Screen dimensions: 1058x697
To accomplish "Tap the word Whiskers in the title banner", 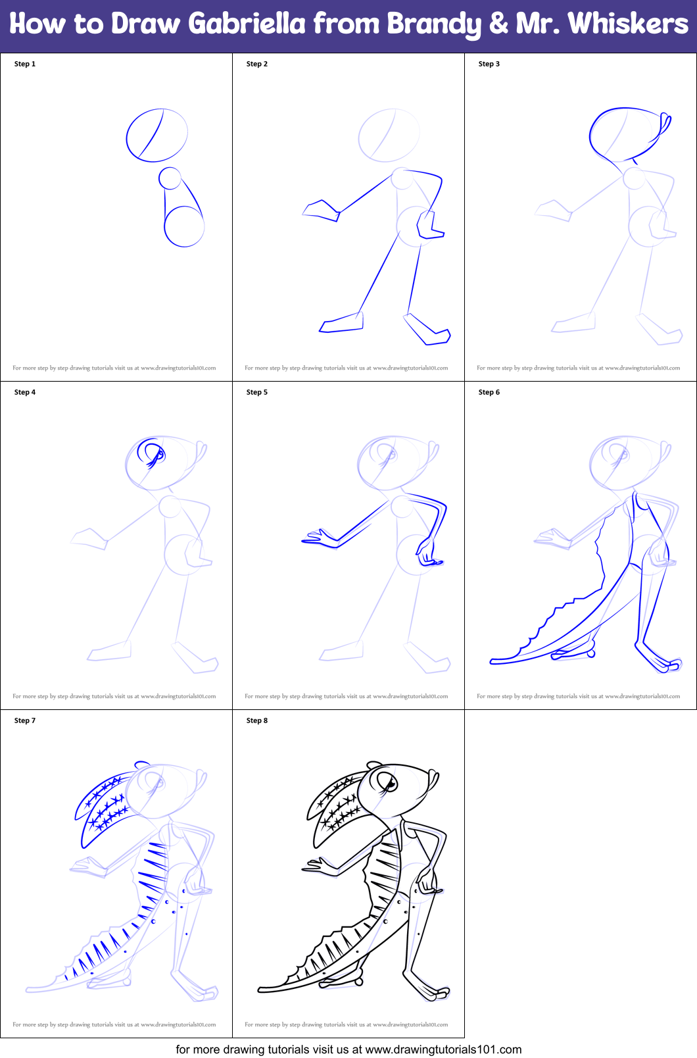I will pos(628,24).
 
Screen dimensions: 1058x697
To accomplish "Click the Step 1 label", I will pos(25,64).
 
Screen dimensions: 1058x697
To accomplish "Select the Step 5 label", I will pos(256,392).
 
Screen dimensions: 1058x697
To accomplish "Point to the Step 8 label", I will pos(256,720).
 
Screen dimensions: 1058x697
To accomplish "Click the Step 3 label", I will pos(489,64).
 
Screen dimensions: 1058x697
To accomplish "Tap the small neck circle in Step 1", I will pos(170,178).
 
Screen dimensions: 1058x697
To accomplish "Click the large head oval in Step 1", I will pos(156,136).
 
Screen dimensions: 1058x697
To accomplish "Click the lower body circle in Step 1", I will pos(184,226).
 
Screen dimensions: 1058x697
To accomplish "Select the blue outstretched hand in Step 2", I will pos(321,210).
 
